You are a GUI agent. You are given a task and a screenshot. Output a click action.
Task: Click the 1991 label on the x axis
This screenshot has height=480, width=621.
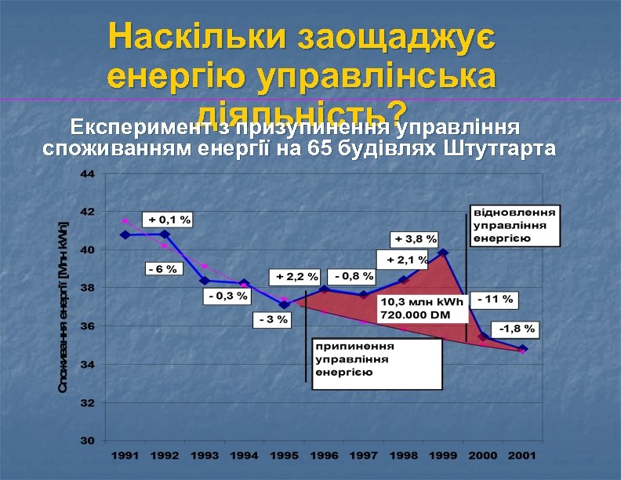coord(125,455)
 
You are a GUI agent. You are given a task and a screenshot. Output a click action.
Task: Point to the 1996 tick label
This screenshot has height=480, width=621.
coord(324,455)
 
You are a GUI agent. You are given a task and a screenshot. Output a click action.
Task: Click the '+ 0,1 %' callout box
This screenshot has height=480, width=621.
coord(167,219)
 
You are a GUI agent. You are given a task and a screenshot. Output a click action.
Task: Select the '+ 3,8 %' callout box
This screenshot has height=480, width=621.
coord(416,238)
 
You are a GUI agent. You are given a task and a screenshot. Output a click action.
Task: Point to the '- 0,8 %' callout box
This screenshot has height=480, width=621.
coord(350,276)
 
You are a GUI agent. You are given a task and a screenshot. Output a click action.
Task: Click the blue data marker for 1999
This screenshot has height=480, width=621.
coord(443,253)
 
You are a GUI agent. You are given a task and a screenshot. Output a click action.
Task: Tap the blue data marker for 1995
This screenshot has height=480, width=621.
coord(284,304)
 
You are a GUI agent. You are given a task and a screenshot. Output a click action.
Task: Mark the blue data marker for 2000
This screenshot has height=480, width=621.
coord(483,336)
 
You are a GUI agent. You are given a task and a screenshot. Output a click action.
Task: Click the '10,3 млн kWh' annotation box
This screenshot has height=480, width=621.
coord(422,307)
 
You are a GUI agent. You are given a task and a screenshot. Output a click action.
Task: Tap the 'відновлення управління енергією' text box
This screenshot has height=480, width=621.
coord(514,226)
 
